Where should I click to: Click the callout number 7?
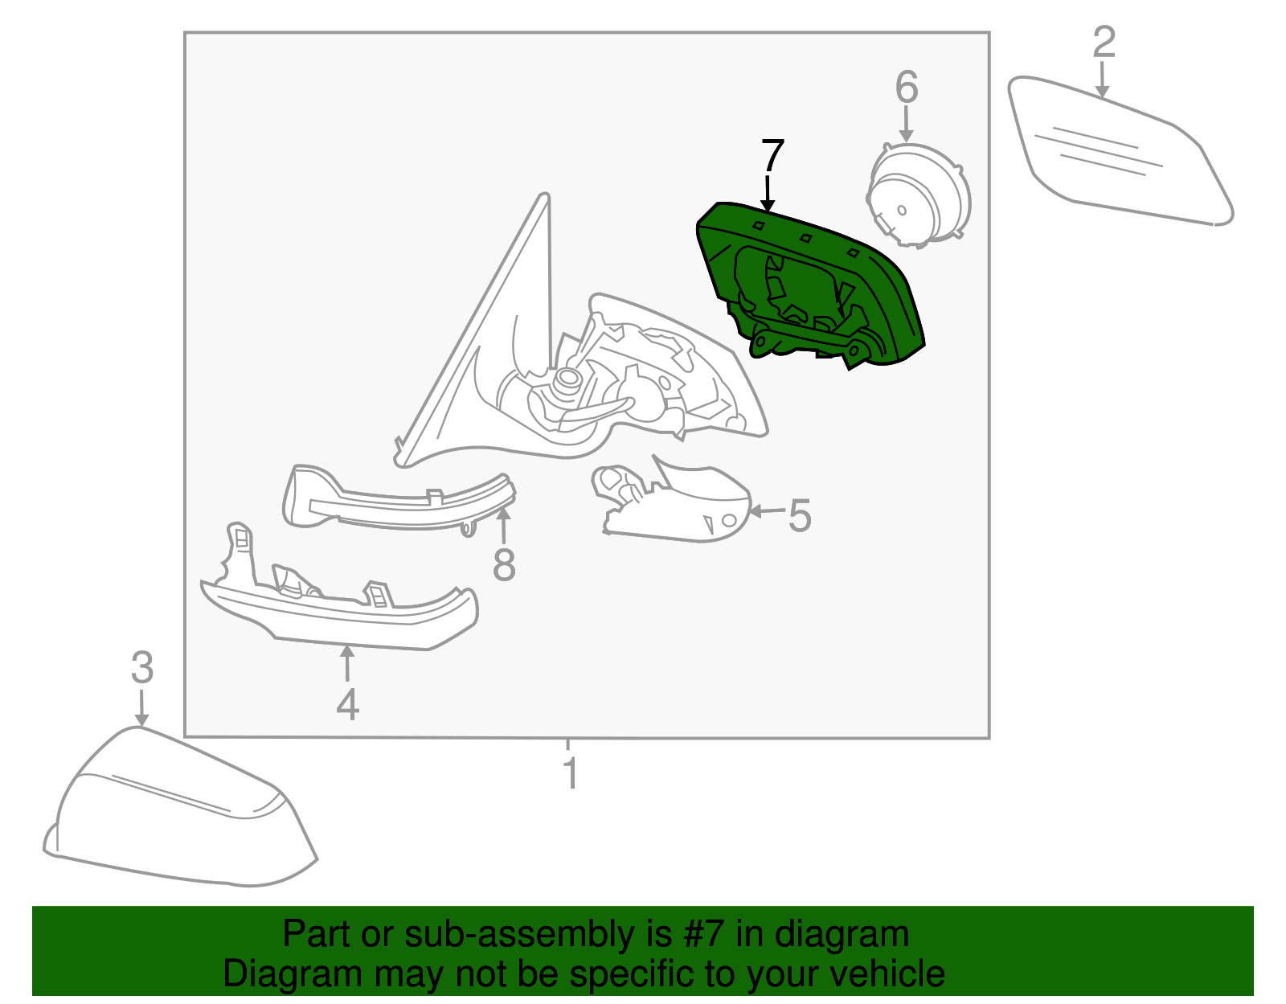[772, 155]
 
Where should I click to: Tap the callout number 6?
[907, 87]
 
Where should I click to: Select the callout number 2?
[1104, 42]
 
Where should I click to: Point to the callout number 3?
[142, 668]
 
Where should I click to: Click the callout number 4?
[347, 704]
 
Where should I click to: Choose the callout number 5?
[800, 515]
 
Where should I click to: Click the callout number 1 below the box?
[571, 772]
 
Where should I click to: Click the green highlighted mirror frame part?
[811, 284]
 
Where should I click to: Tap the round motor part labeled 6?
[917, 195]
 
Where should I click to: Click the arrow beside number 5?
[767, 510]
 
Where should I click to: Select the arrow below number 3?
[141, 707]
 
